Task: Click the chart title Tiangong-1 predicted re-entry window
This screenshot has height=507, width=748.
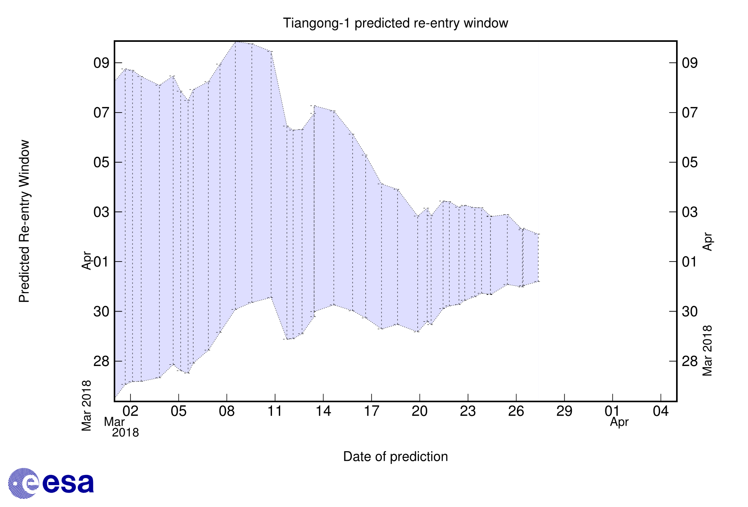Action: tap(395, 23)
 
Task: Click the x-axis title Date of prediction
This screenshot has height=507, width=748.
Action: tap(395, 456)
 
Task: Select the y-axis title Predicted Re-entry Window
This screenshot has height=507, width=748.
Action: tap(24, 221)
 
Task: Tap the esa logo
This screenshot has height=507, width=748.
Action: tap(51, 483)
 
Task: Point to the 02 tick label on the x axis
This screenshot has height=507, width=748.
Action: tap(131, 411)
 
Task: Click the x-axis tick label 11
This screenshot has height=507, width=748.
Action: tap(275, 411)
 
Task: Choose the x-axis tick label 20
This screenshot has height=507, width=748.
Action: tap(420, 411)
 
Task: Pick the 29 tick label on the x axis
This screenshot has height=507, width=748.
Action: tap(564, 411)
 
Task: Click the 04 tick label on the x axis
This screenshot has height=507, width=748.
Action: tap(660, 411)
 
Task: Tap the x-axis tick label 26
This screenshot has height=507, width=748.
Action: tap(516, 411)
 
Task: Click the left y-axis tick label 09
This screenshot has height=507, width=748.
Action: tap(101, 63)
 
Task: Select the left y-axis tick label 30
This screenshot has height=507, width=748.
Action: tap(101, 312)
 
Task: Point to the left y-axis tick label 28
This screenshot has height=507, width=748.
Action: tap(101, 361)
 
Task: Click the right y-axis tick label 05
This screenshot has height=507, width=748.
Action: tap(689, 162)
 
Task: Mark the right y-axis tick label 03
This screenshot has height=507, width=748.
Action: tap(689, 212)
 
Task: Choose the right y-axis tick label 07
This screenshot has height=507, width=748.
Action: tap(689, 113)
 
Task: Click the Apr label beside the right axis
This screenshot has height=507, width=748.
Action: tap(707, 242)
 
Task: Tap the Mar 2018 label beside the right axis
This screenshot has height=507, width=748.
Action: tap(707, 351)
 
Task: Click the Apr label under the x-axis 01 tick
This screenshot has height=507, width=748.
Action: tap(619, 422)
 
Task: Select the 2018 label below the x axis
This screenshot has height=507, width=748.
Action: tap(125, 433)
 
